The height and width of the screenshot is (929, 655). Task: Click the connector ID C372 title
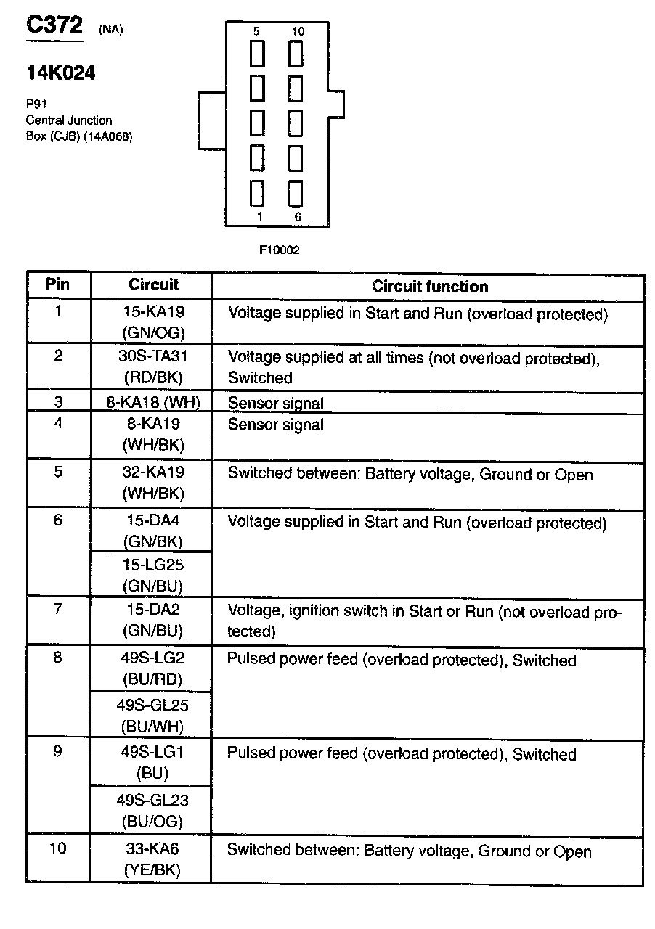pos(54,25)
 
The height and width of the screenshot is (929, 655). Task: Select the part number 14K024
pos(60,73)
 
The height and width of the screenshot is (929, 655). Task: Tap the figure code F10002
pos(280,250)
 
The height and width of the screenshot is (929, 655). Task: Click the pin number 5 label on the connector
pos(256,32)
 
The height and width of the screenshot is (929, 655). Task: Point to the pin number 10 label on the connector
pos(298,32)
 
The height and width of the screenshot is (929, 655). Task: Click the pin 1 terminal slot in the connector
pos(257,194)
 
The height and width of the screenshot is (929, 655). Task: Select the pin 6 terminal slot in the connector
pos(296,194)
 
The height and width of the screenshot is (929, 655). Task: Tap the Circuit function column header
pos(430,286)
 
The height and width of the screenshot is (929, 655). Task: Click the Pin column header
pos(58,284)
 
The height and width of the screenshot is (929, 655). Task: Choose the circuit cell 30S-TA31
pos(153,356)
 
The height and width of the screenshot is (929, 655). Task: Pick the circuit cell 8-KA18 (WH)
pos(153,403)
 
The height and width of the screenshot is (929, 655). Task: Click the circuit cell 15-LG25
pos(152,564)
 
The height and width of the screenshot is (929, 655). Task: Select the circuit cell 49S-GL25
pos(152,705)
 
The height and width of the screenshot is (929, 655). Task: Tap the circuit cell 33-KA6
pos(152,848)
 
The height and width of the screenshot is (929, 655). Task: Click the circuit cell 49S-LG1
pos(152,752)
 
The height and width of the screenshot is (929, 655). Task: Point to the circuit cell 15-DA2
pos(152,610)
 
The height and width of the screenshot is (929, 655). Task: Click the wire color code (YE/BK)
pos(152,869)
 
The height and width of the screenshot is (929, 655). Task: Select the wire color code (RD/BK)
pos(152,377)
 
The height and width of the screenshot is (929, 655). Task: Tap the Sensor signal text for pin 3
pos(276,404)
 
